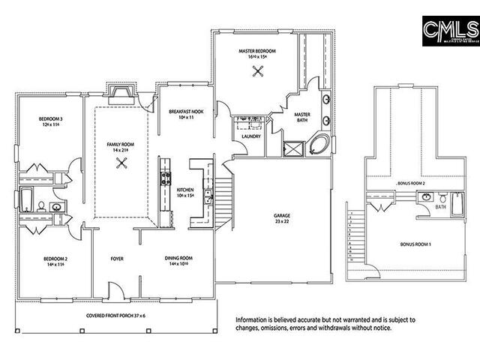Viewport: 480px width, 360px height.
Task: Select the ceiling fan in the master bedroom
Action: pos(258,72)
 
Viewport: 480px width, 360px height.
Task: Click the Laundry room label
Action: pos(251,136)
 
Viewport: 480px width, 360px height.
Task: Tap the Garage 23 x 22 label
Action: pos(282,220)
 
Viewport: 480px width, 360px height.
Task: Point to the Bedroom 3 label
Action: pos(51,121)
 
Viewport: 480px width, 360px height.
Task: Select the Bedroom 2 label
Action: pos(55,261)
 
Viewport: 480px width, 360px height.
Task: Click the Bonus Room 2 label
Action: pos(411,183)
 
